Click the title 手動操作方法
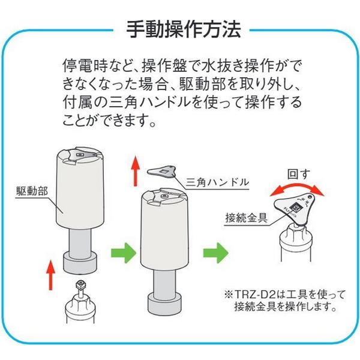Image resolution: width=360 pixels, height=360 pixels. click(184, 29)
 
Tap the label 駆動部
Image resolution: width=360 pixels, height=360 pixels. click(32, 191)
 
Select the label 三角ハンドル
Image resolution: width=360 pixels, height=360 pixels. click(217, 182)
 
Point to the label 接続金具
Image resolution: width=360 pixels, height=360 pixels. click(247, 218)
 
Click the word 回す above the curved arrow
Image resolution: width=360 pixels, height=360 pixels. click(299, 175)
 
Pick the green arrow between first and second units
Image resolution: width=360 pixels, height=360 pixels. click(124, 253)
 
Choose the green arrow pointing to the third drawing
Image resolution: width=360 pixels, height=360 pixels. click(216, 253)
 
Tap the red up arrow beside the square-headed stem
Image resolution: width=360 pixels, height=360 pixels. click(51, 275)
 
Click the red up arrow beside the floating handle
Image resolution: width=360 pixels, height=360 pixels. click(136, 170)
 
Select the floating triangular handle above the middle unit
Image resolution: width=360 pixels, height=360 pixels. click(163, 172)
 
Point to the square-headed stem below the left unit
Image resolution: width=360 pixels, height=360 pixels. click(81, 289)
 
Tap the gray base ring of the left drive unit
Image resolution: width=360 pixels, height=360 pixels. click(80, 262)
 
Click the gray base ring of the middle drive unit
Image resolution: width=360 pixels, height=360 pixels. click(164, 304)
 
